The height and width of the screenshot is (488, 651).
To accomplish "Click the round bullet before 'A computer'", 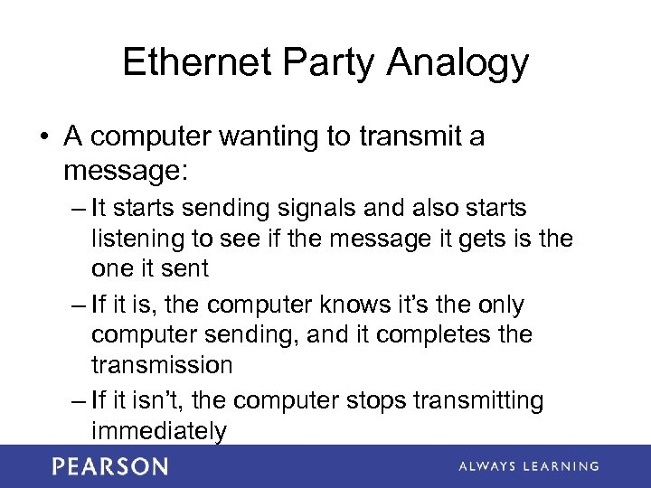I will pos(43,137).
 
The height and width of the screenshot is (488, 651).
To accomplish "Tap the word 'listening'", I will pos(137,239).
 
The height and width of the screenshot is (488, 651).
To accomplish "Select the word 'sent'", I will pos(188,269).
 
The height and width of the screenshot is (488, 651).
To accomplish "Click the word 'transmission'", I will pos(162,365).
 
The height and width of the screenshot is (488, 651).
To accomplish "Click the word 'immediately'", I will pos(158,432).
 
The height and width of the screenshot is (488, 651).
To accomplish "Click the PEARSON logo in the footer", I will pos(109,466).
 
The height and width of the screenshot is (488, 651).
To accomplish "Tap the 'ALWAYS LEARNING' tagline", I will pos(528,466).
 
